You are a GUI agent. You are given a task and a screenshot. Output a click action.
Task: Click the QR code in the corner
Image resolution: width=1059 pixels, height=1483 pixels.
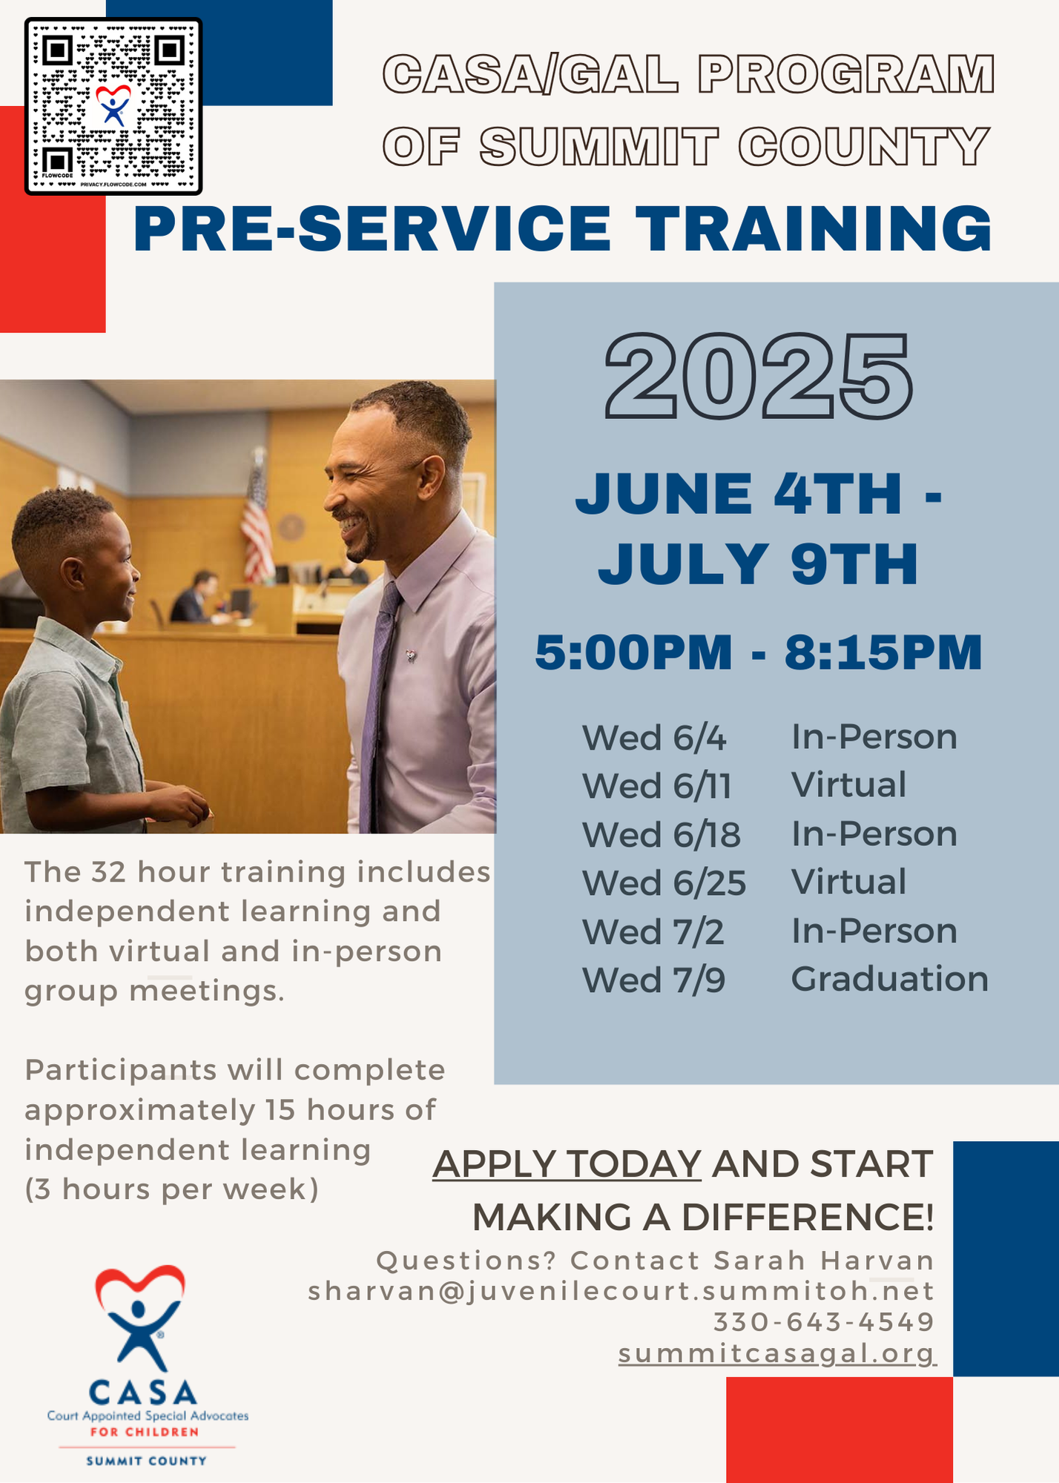click(x=113, y=106)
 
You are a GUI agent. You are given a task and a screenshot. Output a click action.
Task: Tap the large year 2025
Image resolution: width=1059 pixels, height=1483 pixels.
click(x=759, y=377)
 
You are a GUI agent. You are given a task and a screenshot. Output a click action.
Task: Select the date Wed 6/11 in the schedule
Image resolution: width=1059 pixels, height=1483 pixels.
click(x=656, y=786)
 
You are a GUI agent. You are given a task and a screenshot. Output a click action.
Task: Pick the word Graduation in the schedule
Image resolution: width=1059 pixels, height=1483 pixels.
click(x=890, y=980)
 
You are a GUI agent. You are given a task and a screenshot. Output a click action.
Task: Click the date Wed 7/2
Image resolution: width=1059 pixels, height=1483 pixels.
click(x=653, y=931)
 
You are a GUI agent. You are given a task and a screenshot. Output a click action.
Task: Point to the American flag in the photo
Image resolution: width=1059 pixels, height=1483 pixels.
click(x=257, y=515)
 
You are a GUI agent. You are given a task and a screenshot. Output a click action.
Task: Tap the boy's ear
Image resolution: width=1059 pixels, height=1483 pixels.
click(x=73, y=574)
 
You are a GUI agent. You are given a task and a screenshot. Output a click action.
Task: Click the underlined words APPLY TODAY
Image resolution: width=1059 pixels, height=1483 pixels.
click(x=567, y=1163)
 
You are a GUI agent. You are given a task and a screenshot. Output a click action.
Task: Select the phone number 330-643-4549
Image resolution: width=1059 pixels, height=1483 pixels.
click(x=823, y=1321)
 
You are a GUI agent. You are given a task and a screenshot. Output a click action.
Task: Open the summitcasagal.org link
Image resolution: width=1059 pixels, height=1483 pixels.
click(x=777, y=1354)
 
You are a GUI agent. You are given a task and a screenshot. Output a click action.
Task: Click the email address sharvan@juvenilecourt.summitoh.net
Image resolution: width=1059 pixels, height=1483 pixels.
click(x=621, y=1291)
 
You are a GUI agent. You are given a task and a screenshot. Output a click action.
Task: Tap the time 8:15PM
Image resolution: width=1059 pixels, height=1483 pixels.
click(x=883, y=653)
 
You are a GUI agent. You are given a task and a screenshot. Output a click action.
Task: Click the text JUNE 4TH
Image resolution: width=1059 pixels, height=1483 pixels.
click(x=739, y=493)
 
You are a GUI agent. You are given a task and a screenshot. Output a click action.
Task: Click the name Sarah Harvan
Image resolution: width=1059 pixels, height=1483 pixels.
click(x=823, y=1261)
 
